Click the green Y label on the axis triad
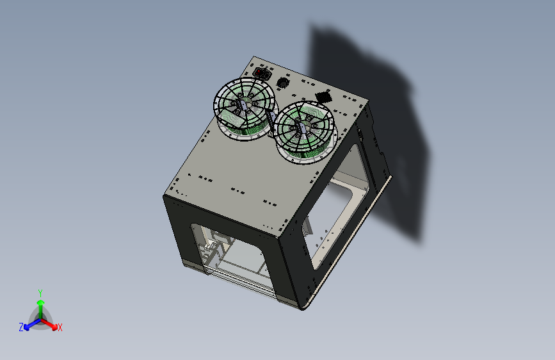tap(40, 291)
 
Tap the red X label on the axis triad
tap(60, 327)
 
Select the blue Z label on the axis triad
tap(20, 327)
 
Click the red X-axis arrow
tap(51, 323)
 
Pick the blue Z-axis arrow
tap(29, 323)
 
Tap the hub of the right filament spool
tap(305, 128)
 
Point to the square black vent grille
tap(323, 97)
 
